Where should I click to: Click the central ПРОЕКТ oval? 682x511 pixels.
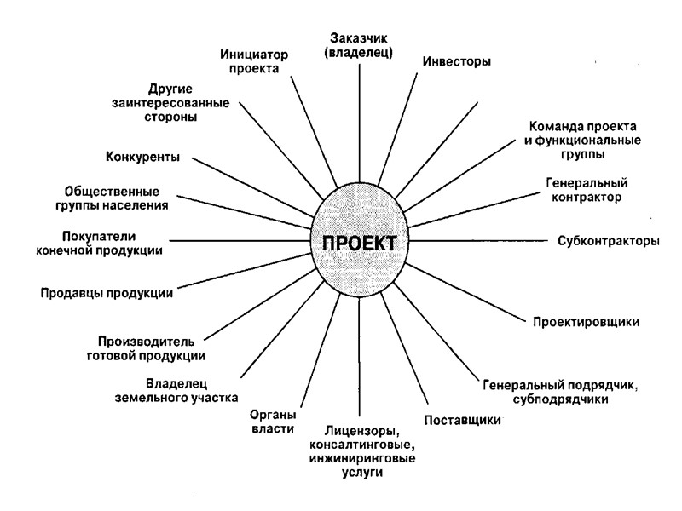tap(359, 241)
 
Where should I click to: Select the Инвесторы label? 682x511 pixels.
tap(457, 61)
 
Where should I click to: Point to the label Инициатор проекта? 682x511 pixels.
tap(253, 61)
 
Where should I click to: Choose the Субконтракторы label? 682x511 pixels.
tap(609, 240)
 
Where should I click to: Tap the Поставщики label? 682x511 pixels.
tap(462, 420)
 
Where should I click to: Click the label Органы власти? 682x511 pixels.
tap(272, 422)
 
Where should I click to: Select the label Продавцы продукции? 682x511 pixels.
tap(107, 293)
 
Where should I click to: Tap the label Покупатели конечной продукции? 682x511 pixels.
tap(113, 242)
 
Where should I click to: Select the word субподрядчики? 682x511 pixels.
tap(562, 399)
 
